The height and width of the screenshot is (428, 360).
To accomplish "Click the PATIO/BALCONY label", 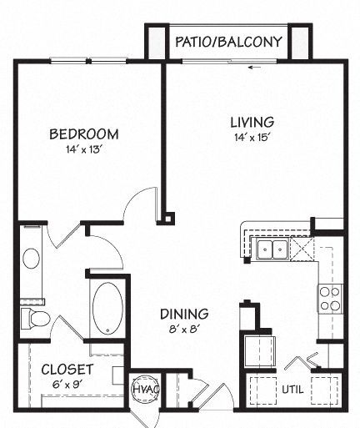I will (x=227, y=42).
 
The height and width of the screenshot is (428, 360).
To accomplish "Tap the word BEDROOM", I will (x=83, y=133).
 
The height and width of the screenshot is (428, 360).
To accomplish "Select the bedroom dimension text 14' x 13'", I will (x=83, y=150).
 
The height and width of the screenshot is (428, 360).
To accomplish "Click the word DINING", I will (x=184, y=314).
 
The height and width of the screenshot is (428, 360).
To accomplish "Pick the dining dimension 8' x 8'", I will (x=184, y=329).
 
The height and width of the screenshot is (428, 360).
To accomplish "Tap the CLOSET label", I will (x=67, y=368).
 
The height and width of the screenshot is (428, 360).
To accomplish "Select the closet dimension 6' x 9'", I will (x=67, y=384).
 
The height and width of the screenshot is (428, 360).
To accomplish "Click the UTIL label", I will (x=292, y=389).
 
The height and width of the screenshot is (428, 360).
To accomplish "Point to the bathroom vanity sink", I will (x=31, y=259).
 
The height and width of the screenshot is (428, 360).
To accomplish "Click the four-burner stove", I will (x=330, y=298).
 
